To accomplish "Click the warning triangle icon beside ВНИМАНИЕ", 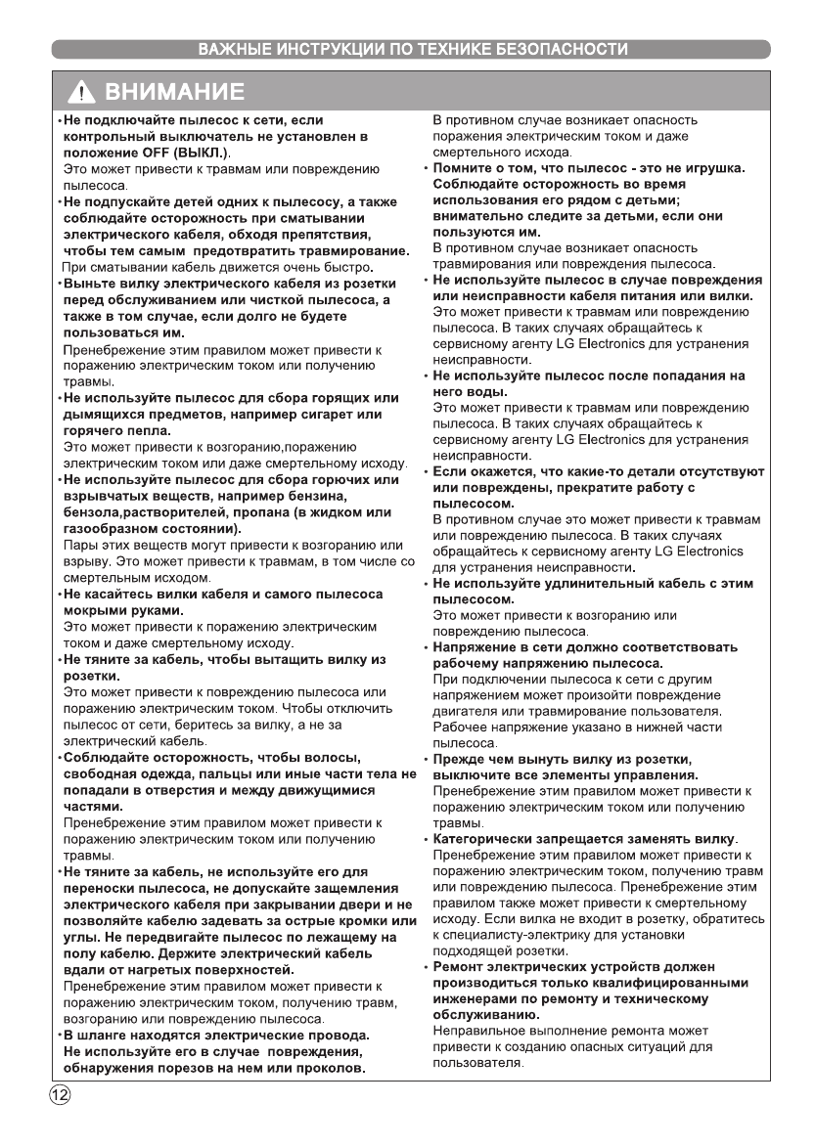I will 80,94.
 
